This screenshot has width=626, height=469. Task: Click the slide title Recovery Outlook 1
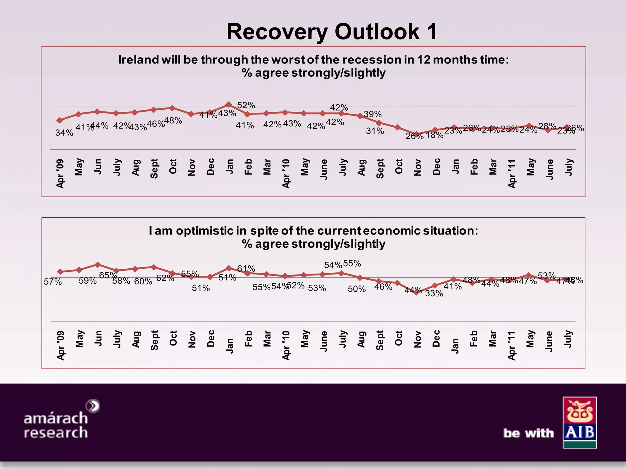coord(332,32)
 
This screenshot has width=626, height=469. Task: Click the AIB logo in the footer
coord(580,422)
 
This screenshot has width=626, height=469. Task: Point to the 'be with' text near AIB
coord(528,433)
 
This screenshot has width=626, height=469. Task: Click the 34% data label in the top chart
coord(64,133)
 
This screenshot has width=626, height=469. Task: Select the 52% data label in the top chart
coord(246,105)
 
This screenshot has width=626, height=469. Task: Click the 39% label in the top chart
coord(373,114)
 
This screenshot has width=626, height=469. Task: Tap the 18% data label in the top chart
coord(434,135)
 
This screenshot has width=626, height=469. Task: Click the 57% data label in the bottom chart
coord(53,282)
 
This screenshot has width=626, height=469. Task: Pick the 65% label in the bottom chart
coord(108,275)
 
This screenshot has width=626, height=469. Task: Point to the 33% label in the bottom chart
coord(434,293)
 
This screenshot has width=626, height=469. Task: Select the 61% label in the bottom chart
coord(246,269)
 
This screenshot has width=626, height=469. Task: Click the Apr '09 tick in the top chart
coord(61,173)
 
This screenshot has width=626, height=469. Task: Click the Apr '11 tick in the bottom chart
coord(512,345)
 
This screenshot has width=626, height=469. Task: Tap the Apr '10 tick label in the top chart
coord(286,173)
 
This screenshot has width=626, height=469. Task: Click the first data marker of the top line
coord(60,120)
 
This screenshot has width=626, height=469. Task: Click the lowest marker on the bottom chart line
coord(416,293)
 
